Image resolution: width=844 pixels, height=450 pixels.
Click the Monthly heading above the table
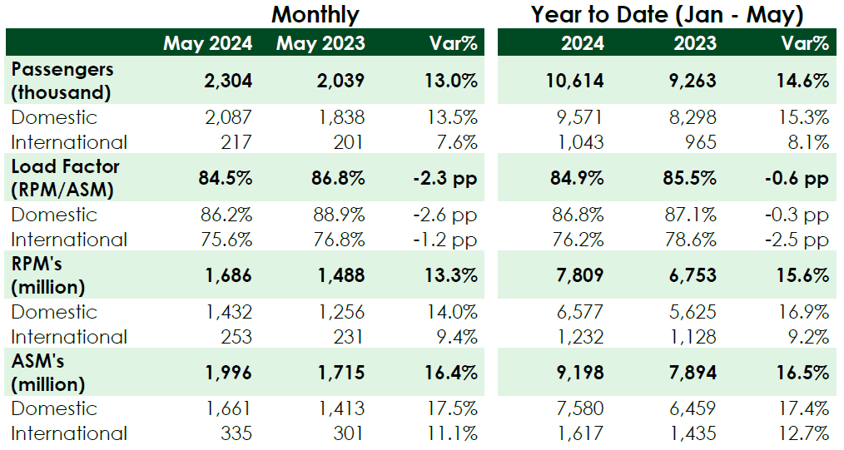click(x=315, y=15)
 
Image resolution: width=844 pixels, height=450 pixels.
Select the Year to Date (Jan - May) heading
click(x=667, y=15)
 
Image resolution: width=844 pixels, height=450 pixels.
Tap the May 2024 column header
click(x=208, y=43)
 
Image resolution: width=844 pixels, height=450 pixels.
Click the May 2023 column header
click(x=320, y=43)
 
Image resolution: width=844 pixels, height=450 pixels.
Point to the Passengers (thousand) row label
click(x=62, y=81)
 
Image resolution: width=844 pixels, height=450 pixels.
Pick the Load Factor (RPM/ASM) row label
click(x=65, y=178)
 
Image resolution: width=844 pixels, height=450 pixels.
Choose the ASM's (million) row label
click(x=48, y=373)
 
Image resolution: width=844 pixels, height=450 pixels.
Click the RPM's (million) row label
click(x=48, y=275)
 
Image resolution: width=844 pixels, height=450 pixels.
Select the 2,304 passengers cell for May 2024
click(x=228, y=81)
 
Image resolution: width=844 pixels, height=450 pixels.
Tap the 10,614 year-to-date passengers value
click(x=575, y=81)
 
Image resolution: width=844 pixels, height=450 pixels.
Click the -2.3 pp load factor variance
click(x=445, y=179)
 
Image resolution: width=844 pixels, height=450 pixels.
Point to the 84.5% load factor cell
click(x=226, y=178)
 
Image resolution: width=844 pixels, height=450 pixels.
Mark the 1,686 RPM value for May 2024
click(x=228, y=275)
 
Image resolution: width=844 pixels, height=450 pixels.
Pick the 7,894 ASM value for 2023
click(x=693, y=373)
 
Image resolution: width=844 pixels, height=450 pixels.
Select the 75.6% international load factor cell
click(x=226, y=240)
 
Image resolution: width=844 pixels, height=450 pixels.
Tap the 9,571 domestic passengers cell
click(x=580, y=117)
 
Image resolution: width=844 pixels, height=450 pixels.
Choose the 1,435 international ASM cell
click(x=693, y=433)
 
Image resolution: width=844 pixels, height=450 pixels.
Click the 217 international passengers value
click(x=236, y=142)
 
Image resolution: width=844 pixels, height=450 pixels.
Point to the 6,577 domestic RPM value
click(x=580, y=312)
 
